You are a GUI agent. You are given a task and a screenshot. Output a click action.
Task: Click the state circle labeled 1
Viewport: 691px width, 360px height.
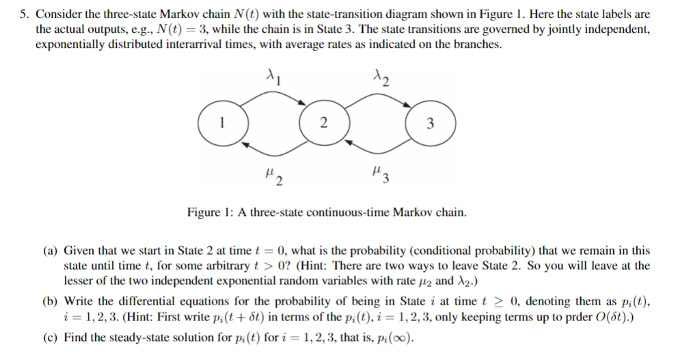(221, 124)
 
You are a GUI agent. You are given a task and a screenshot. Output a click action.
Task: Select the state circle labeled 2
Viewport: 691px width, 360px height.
(323, 124)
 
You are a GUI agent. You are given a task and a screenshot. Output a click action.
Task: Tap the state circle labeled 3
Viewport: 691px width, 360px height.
(429, 124)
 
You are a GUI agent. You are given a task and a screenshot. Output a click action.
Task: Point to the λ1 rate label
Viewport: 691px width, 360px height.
(274, 74)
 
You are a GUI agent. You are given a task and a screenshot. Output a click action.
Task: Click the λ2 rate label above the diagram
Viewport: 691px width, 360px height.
(380, 76)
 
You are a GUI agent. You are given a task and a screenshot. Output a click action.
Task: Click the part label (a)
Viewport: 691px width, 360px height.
(52, 251)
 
